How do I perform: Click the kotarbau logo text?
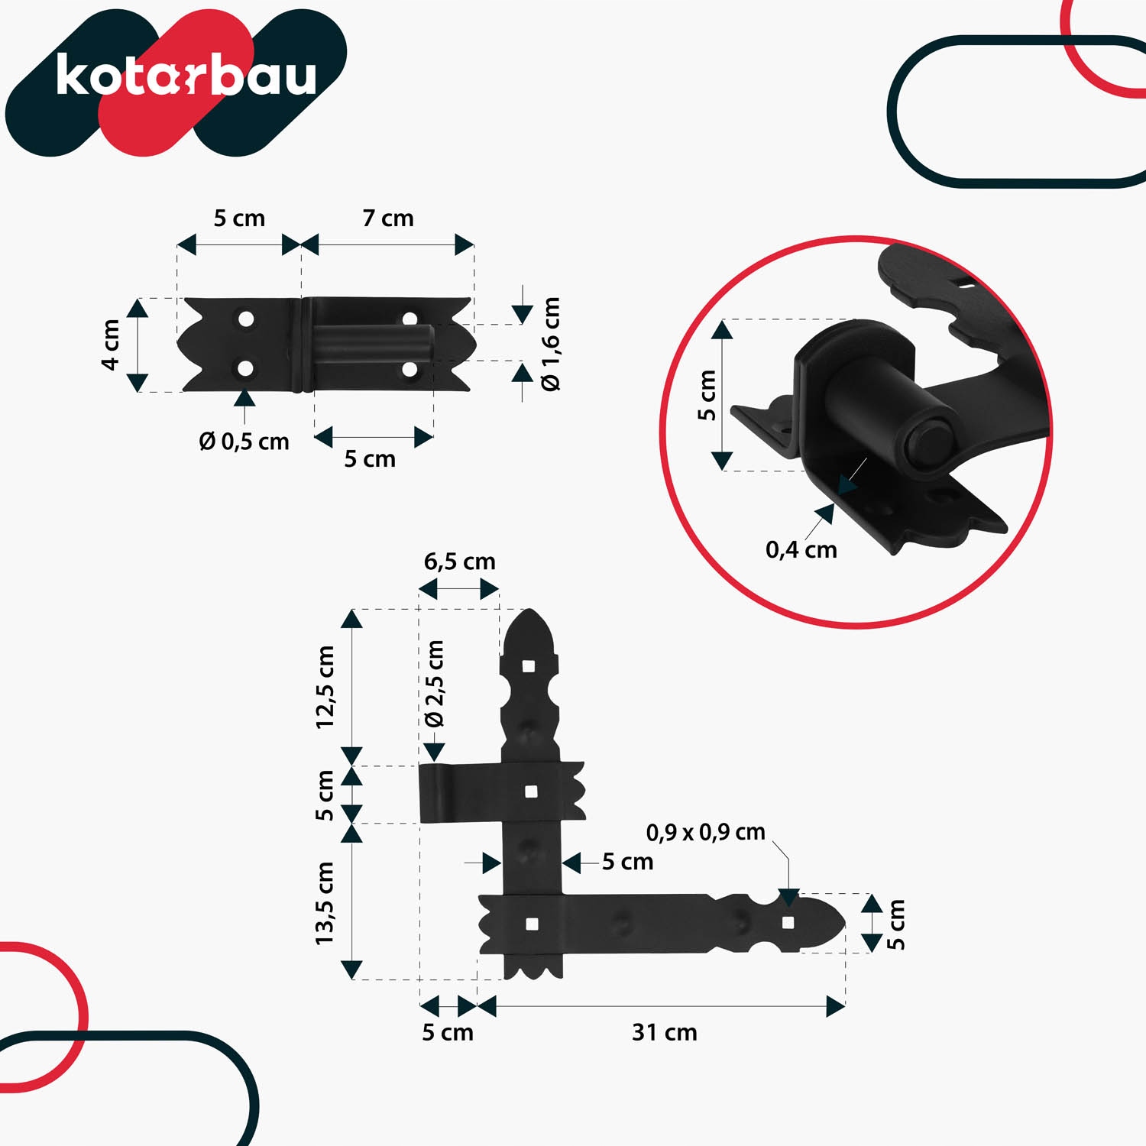186,76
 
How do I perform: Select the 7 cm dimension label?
388,219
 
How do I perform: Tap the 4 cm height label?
111,345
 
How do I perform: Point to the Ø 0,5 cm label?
244,442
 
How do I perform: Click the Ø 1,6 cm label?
551,344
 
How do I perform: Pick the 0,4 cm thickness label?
801,549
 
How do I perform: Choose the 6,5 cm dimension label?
459,562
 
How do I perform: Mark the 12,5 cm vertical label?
325,687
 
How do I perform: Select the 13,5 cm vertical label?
325,902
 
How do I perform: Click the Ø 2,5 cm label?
434,683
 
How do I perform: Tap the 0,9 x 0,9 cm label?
705,832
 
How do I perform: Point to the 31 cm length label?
664,1033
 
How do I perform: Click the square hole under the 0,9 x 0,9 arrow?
788,923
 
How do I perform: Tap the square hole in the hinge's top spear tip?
529,666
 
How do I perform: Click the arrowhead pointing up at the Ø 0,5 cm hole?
244,397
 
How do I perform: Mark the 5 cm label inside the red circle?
707,395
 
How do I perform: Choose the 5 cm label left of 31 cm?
448,1033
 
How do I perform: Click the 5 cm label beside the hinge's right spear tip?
895,924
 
